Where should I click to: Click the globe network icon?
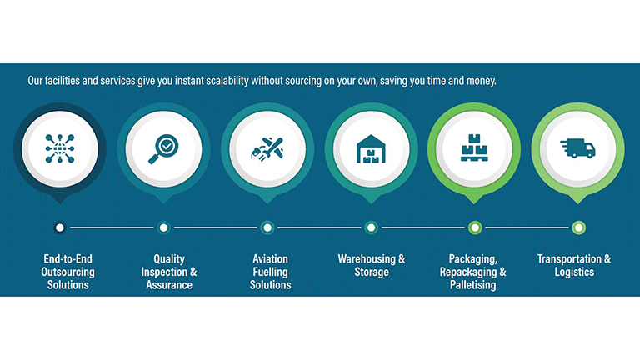pos(60,148)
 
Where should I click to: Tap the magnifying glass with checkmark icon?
pos(163,149)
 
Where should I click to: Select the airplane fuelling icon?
pos(267,149)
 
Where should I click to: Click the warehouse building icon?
pos(371,149)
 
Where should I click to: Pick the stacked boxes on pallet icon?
pos(474,147)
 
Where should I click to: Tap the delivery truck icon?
pos(577,147)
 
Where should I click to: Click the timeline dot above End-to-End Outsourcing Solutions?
pos(60,227)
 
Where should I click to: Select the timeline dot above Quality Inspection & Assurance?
pos(163,227)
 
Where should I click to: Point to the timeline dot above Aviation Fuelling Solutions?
pos(267,227)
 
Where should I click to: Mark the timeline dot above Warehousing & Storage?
pos(371,227)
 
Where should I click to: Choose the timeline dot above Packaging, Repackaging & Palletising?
pos(475,227)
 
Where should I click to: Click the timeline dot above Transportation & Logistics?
pos(578,227)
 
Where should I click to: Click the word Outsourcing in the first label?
pos(67,272)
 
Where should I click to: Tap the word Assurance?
pos(169,285)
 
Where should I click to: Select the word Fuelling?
pos(270,272)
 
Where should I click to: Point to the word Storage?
pos(372,272)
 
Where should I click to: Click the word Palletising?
pos(473,285)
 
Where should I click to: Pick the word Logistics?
pos(574,272)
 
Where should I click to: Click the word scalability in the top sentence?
pos(227,81)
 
